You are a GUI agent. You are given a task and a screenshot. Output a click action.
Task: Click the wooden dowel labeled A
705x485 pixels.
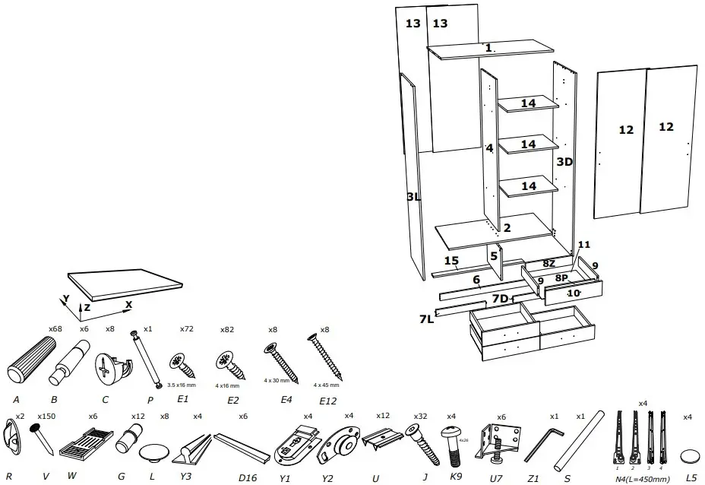point(31,360)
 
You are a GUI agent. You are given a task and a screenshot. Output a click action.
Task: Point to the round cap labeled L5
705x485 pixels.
point(691,455)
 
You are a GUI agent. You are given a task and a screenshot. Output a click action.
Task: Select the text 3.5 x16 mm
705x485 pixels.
point(181,385)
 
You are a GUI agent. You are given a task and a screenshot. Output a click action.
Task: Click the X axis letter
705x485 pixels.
point(128,304)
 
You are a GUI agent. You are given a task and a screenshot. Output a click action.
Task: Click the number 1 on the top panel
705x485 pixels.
point(489,48)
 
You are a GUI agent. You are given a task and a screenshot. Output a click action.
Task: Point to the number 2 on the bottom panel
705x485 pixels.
point(507,227)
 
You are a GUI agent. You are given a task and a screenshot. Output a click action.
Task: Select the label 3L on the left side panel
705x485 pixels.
point(413,197)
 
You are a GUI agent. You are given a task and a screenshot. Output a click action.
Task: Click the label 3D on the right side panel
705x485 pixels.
point(564,162)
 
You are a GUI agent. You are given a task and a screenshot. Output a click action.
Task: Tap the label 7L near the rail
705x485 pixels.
point(426,319)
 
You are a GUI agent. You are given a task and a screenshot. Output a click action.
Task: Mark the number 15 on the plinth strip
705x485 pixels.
point(451,262)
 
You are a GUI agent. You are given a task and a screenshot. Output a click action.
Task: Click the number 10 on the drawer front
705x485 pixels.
point(574,293)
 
